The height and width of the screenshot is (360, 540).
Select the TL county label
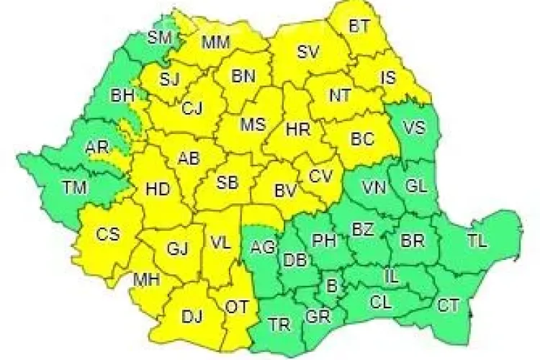click(477, 240)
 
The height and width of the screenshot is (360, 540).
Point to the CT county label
click(448, 305)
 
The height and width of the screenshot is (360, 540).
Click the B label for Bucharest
click(332, 286)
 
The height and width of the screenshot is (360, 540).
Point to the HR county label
click(297, 130)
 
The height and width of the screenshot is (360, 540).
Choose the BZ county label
click(362, 230)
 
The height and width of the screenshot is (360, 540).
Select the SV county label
click(307, 52)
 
